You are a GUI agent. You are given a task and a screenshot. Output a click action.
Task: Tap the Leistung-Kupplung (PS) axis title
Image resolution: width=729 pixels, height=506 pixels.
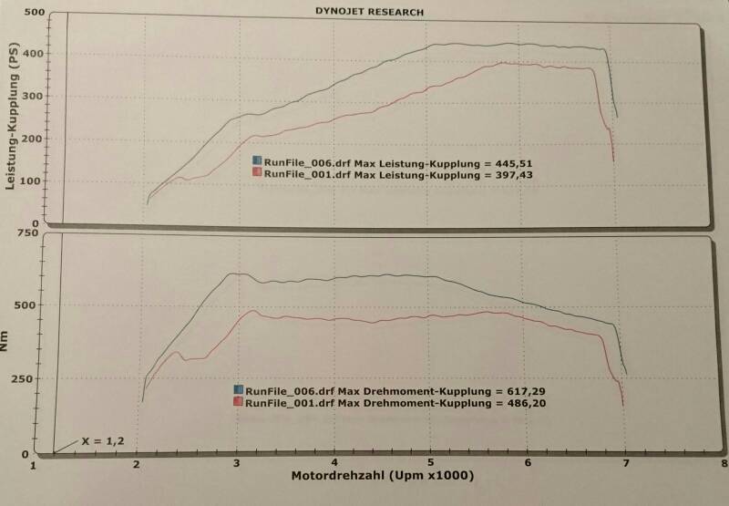click(13, 119)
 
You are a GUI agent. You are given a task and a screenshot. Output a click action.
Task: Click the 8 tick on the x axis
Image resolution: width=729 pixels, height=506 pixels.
click(723, 465)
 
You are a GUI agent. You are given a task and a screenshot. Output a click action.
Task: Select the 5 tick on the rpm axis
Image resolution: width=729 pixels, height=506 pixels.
click(431, 465)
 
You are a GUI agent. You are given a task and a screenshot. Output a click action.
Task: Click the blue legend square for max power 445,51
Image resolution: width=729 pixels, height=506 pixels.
click(258, 161)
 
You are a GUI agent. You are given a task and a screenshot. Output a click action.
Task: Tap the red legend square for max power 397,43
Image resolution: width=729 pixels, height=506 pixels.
click(258, 172)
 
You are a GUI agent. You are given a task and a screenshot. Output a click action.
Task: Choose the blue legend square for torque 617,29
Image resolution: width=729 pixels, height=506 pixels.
click(239, 390)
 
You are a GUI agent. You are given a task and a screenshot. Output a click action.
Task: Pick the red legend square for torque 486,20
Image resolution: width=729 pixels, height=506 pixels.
click(239, 401)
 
